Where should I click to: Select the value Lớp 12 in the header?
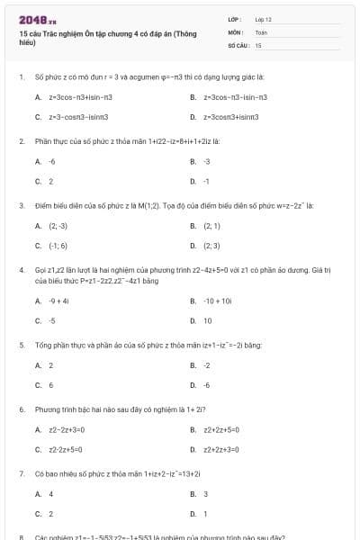pyautogui.click(x=263, y=18)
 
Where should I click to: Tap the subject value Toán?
pyautogui.click(x=261, y=31)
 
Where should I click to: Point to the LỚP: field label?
pyautogui.click(x=236, y=18)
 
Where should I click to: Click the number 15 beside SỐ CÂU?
pyautogui.click(x=258, y=44)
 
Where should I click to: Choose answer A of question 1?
pyautogui.click(x=79, y=96)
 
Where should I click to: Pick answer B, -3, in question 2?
pyautogui.click(x=206, y=161)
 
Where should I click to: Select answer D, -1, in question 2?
pyautogui.click(x=206, y=181)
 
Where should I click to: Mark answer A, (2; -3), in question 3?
pyautogui.click(x=58, y=226)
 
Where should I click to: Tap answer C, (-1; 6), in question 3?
pyautogui.click(x=58, y=245)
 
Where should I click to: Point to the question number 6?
pyautogui.click(x=21, y=409)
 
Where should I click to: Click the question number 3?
pyautogui.click(x=21, y=206)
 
